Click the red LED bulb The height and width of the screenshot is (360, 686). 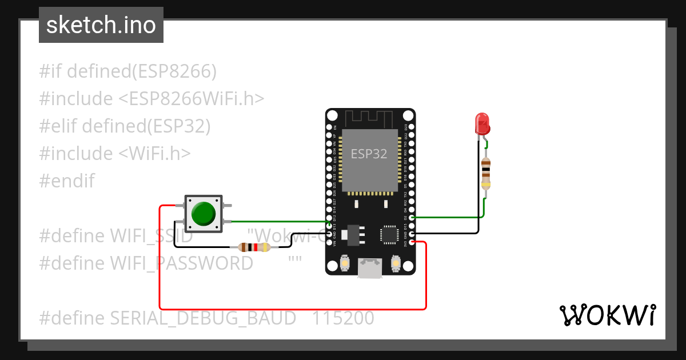click(x=482, y=123)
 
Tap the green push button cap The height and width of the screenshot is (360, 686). click(x=204, y=213)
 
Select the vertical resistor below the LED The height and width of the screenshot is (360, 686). click(x=485, y=172)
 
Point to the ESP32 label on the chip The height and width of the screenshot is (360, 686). click(x=369, y=154)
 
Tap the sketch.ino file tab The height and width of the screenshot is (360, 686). click(x=101, y=25)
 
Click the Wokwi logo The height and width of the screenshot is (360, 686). click(x=607, y=315)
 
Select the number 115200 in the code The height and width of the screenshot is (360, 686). click(x=343, y=318)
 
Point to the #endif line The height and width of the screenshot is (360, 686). click(x=67, y=181)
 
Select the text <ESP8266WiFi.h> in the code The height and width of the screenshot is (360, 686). click(x=192, y=99)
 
